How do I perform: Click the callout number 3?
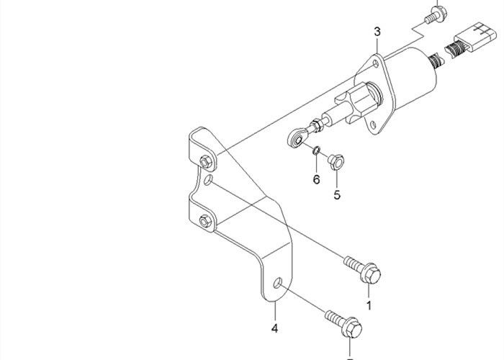click(x=377, y=32)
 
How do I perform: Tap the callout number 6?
click(x=317, y=179)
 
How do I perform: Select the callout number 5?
click(x=337, y=195)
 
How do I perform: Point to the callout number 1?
click(x=369, y=305)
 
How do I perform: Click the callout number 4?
click(x=274, y=328)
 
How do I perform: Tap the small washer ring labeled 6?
click(x=317, y=150)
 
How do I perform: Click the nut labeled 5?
click(x=336, y=162)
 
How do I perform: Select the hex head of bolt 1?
click(x=372, y=274)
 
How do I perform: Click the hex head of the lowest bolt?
click(x=352, y=328)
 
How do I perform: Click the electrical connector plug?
click(x=472, y=37)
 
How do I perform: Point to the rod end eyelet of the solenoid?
click(x=297, y=138)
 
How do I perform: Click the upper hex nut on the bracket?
click(x=206, y=162)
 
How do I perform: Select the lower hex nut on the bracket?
click(x=205, y=221)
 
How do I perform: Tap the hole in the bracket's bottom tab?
click(x=278, y=283)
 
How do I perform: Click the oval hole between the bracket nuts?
click(x=208, y=180)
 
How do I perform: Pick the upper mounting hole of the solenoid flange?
click(x=376, y=63)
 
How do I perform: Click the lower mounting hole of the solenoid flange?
click(x=373, y=125)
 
